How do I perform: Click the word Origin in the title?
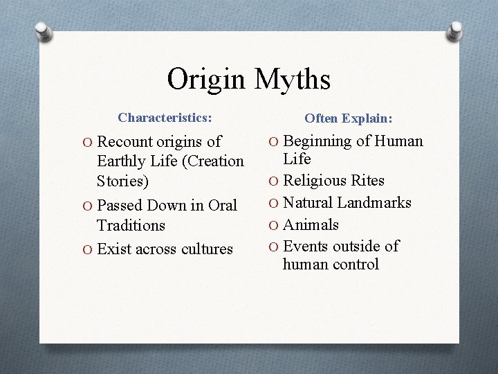click(206, 80)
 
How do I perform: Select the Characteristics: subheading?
click(165, 118)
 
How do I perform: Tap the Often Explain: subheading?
click(348, 119)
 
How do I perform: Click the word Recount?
click(126, 142)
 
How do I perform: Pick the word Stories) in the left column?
click(123, 181)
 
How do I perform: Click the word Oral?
click(222, 206)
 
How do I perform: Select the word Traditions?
click(131, 226)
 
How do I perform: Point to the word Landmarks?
click(373, 203)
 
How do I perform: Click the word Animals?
click(311, 225)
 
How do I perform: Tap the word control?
click(357, 265)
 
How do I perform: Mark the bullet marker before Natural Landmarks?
click(275, 204)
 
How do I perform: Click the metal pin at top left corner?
click(43, 31)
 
